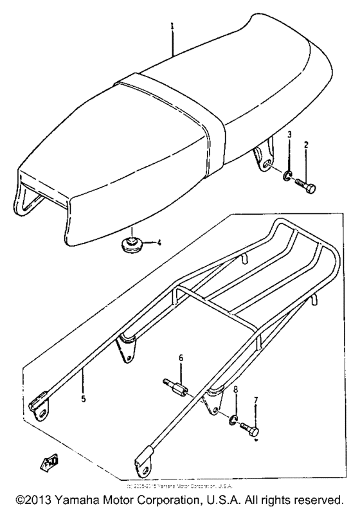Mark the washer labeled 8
click(235, 423)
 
